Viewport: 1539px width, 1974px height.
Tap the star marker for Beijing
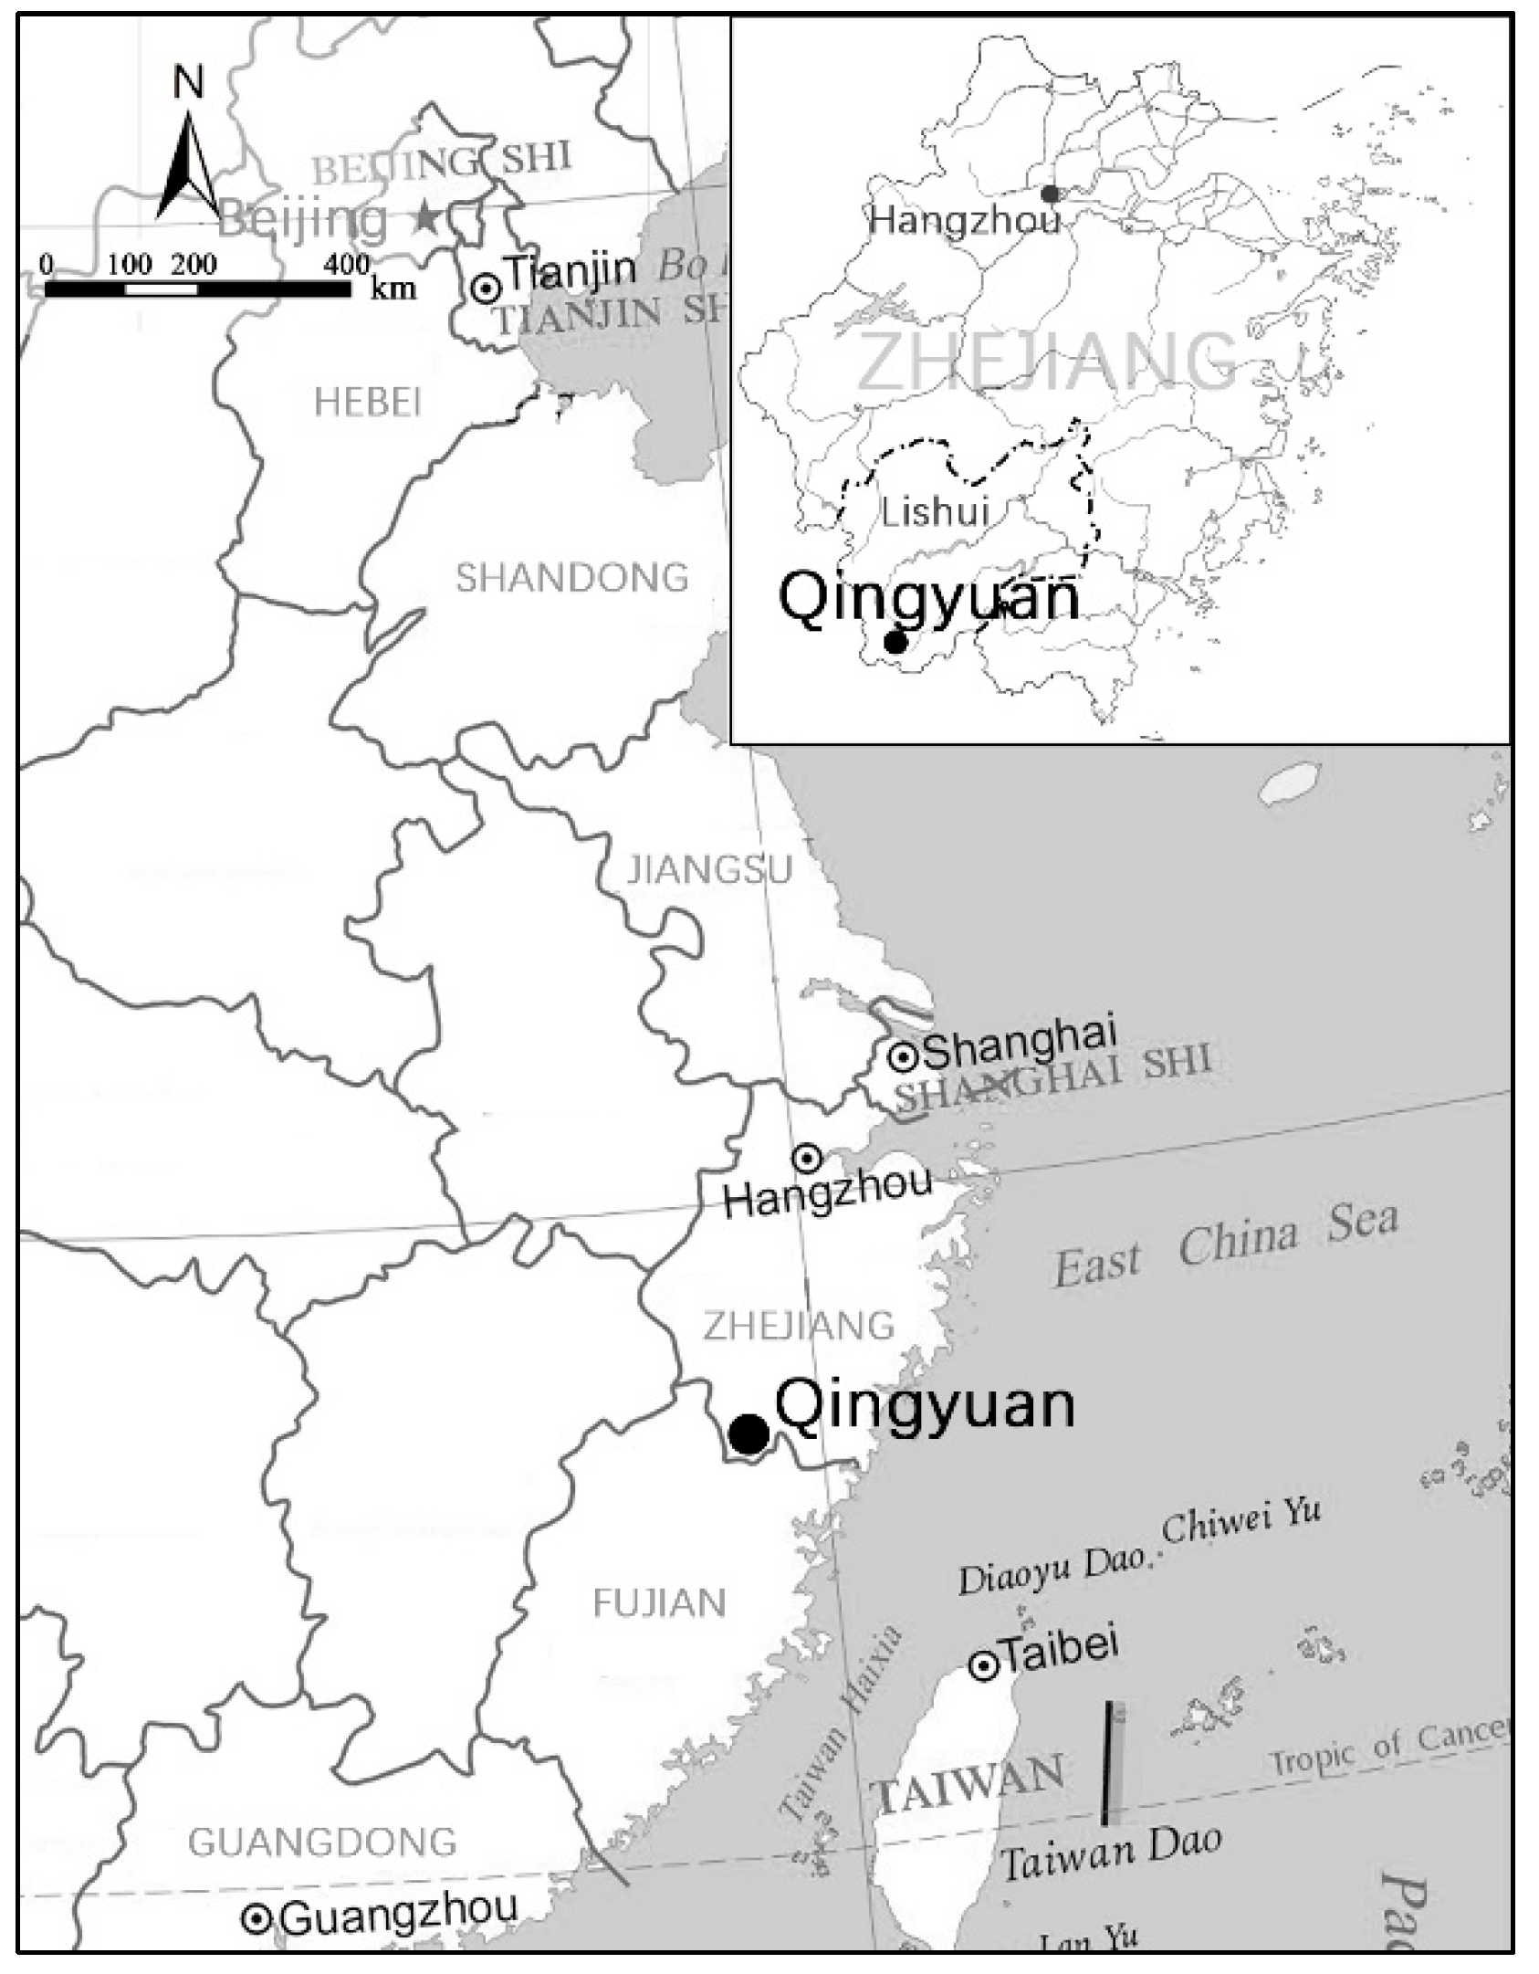(x=425, y=218)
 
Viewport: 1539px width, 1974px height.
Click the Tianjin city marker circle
(x=486, y=289)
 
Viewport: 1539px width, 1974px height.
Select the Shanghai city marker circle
(x=903, y=1057)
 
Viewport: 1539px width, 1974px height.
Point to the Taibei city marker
(x=983, y=1667)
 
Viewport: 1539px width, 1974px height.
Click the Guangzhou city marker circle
(x=257, y=1919)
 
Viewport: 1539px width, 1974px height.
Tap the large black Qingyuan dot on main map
(x=749, y=1434)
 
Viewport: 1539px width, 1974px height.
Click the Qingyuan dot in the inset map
(x=895, y=642)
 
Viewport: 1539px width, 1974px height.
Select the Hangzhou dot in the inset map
(x=1051, y=194)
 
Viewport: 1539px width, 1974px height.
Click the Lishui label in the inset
(x=935, y=512)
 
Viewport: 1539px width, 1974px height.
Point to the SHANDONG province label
(x=571, y=578)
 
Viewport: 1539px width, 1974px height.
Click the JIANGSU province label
(x=708, y=870)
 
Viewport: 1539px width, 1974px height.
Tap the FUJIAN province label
(x=659, y=1602)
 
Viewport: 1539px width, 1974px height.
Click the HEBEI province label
(x=367, y=402)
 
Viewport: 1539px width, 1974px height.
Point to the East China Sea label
(x=1225, y=1246)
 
